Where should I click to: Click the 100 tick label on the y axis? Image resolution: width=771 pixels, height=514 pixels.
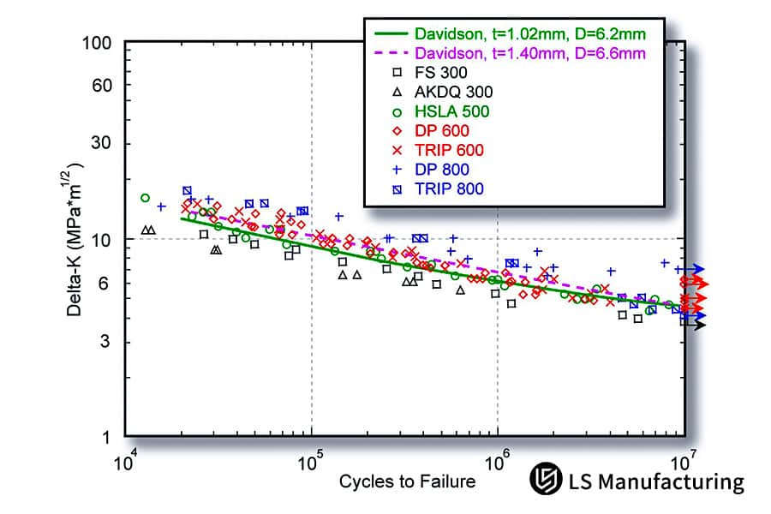pos(100,43)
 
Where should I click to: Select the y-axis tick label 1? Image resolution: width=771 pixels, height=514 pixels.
pos(109,439)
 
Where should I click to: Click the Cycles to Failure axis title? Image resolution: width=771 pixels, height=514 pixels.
pos(407,481)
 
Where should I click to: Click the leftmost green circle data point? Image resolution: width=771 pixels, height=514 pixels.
pos(145,198)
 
